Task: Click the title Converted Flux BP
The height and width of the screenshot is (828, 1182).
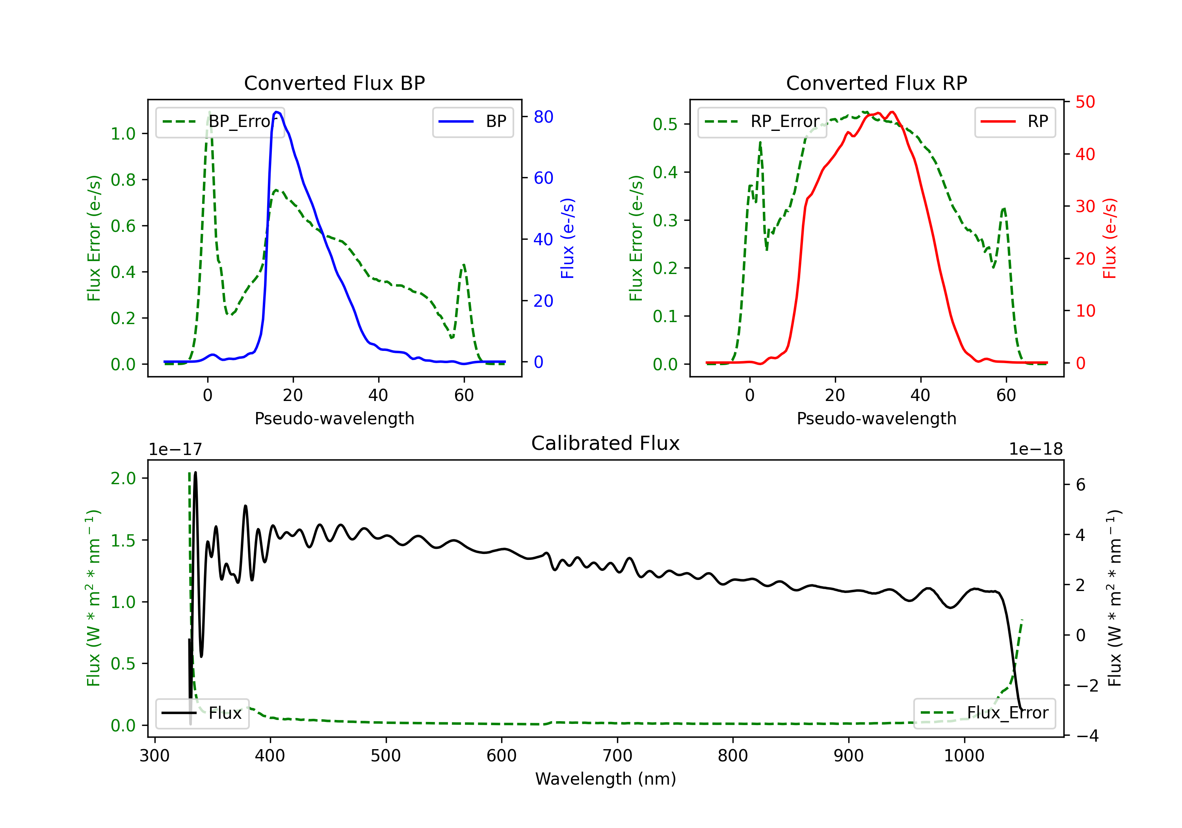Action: click(x=334, y=83)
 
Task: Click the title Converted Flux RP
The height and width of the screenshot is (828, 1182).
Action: click(x=876, y=83)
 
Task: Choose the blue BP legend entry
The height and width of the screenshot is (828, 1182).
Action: click(x=472, y=121)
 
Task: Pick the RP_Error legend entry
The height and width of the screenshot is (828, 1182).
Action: click(x=762, y=121)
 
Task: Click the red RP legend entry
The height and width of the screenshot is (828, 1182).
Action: click(x=1015, y=121)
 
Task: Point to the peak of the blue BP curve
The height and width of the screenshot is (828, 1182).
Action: click(x=277, y=112)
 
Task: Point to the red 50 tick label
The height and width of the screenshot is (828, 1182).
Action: click(x=1085, y=102)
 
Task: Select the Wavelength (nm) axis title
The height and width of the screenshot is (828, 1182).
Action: click(x=606, y=779)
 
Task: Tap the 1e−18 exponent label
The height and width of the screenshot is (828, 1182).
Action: click(x=1036, y=449)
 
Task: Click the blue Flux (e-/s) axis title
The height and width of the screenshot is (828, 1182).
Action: click(x=567, y=238)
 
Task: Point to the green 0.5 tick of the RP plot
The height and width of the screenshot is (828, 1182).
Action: click(x=665, y=124)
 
